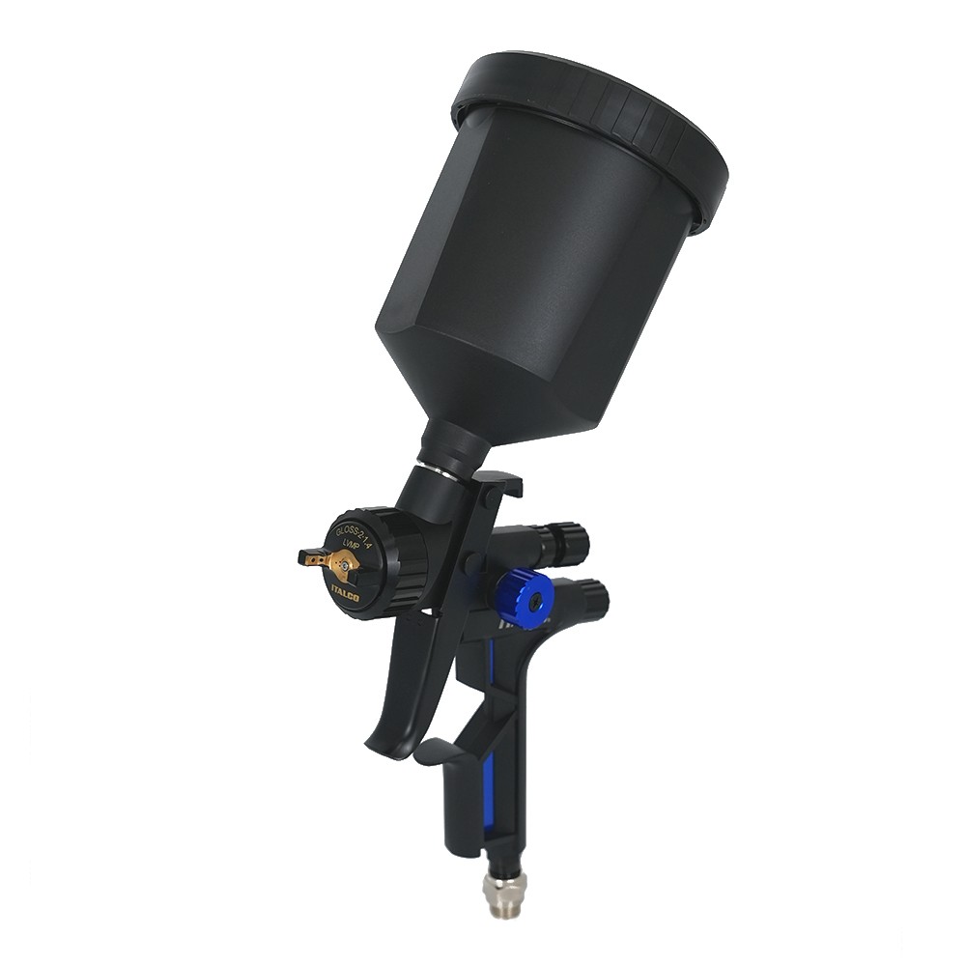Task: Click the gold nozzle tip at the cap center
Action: click(x=343, y=566)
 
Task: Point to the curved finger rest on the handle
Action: click(x=435, y=749)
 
